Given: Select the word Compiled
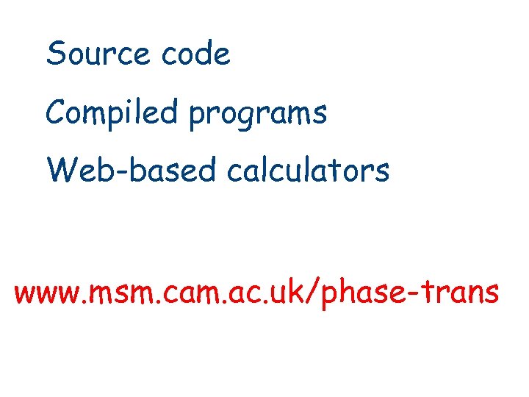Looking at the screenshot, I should [112, 113].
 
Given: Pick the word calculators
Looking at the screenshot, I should [308, 171].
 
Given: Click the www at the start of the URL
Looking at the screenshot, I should [46, 294].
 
